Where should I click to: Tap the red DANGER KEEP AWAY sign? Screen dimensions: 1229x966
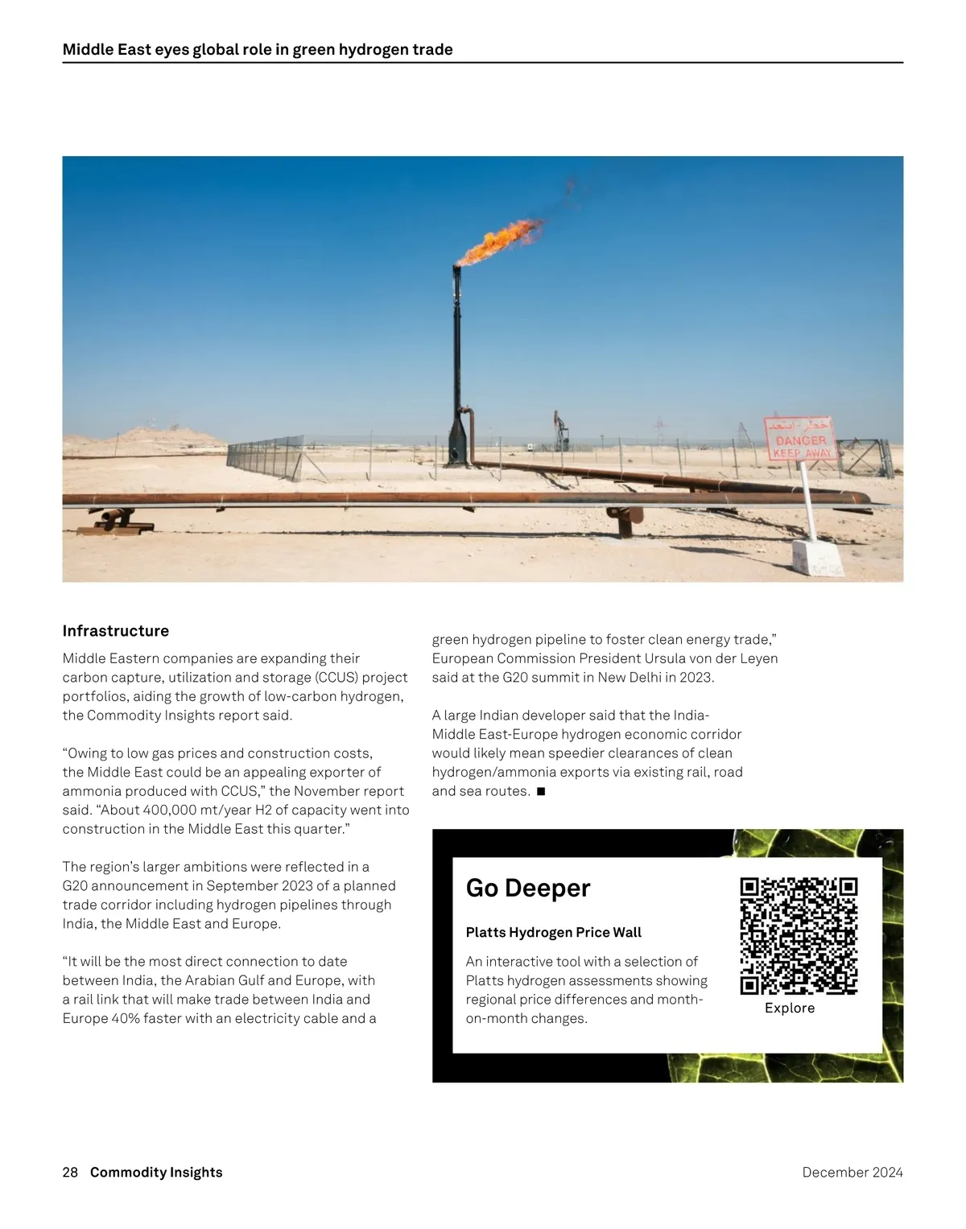click(x=799, y=439)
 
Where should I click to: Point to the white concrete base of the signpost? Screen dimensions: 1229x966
click(x=817, y=557)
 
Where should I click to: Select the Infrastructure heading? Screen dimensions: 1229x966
click(x=116, y=631)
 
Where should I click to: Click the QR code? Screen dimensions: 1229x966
click(x=799, y=936)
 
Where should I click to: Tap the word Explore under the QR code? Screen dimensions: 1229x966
click(x=790, y=1008)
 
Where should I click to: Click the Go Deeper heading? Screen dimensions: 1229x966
click(x=528, y=888)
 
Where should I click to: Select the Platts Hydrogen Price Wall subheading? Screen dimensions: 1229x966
click(x=554, y=933)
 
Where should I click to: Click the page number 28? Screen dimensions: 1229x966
click(x=70, y=1173)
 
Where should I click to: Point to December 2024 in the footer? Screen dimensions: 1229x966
click(x=852, y=1173)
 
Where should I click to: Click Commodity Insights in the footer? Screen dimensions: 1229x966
click(x=156, y=1173)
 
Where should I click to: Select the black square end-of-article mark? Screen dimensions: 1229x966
click(x=541, y=791)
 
